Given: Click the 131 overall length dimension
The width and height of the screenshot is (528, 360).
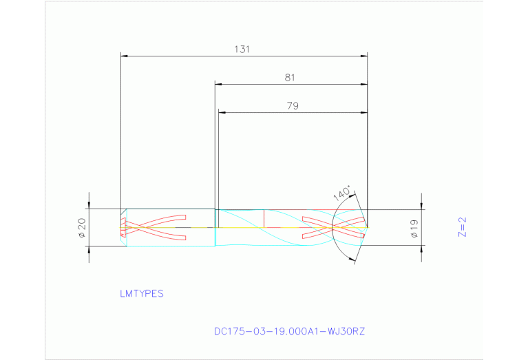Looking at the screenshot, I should pos(240,50).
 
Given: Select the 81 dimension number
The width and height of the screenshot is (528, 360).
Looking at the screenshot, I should pos(290,78).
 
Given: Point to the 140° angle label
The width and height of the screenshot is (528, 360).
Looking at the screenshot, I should pos(342,193).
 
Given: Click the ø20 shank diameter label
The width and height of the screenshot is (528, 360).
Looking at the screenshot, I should pos(82,227).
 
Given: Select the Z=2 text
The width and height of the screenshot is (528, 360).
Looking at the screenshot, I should pos(463,227).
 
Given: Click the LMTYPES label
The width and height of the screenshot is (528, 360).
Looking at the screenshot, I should pos(141,294).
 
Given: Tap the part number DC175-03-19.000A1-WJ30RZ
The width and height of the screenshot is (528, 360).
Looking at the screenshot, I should pos(289,331).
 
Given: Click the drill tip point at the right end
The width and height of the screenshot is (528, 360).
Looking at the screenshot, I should pos(367,226).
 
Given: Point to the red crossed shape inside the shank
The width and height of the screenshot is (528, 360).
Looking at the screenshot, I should pos(154,226).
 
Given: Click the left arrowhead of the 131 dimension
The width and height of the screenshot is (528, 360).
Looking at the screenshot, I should pos(123,56).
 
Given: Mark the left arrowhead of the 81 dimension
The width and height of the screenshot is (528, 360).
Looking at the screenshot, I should pos(218,84).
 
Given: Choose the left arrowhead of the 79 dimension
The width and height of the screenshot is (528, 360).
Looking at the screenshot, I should pos(221,112).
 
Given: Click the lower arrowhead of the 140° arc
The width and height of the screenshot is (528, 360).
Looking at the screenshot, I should pos(355,260).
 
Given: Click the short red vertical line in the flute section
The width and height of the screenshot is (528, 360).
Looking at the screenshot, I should pos(264,217).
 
